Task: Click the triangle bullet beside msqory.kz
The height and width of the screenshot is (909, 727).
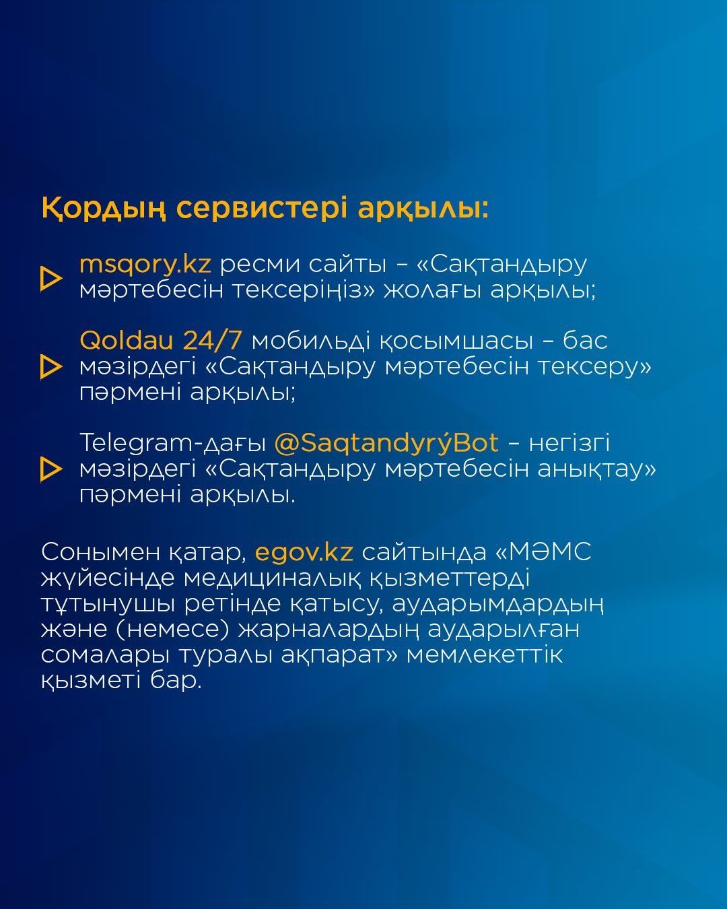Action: (x=51, y=278)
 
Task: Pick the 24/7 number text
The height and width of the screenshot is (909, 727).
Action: (x=213, y=341)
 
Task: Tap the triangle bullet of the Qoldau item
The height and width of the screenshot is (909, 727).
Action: (x=51, y=367)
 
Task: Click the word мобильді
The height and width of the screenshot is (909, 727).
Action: (x=311, y=341)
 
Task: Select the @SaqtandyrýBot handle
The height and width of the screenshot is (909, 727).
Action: (x=386, y=443)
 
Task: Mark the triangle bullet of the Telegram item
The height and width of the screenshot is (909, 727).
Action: (x=51, y=469)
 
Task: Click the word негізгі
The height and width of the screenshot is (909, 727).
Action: (x=569, y=443)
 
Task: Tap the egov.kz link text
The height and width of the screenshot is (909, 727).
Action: (x=304, y=553)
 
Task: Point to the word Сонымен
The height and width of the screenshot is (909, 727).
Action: (x=100, y=553)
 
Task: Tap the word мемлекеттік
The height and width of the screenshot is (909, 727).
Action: (x=485, y=654)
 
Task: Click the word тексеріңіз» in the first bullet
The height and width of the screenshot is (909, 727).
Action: (x=304, y=291)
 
